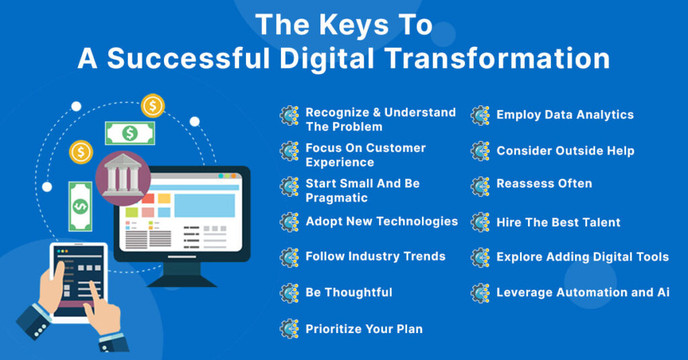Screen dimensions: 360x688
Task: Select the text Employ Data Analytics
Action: (564, 115)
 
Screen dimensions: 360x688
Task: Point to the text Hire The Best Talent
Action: (558, 222)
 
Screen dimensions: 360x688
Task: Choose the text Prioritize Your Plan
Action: (363, 328)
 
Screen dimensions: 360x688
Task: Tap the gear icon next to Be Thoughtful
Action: (290, 293)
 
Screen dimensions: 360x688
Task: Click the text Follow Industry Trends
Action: (375, 256)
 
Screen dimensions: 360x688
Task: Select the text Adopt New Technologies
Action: (381, 221)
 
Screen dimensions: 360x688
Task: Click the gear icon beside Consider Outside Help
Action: (480, 151)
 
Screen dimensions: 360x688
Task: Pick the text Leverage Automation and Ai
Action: (583, 292)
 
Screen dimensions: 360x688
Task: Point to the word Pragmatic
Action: (337, 198)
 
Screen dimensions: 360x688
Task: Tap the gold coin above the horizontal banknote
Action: (153, 105)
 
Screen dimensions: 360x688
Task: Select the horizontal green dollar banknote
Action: (130, 133)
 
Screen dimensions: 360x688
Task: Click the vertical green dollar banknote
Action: (80, 205)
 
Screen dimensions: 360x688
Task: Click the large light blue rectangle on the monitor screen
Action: (204, 205)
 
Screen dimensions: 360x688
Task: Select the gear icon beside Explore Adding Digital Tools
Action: (480, 257)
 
